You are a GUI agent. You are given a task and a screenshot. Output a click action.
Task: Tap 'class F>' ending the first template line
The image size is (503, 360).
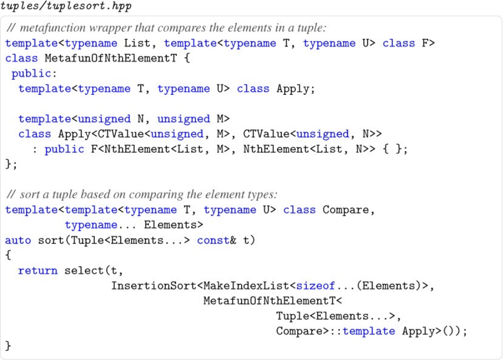409,43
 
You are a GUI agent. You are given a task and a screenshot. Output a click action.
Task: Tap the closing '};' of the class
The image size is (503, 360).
11,164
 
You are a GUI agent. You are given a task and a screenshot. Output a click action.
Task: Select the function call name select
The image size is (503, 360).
81,271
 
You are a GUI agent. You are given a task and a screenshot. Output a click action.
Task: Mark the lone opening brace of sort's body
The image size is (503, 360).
8,255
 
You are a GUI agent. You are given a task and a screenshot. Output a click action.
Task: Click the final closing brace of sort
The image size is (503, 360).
8,346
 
